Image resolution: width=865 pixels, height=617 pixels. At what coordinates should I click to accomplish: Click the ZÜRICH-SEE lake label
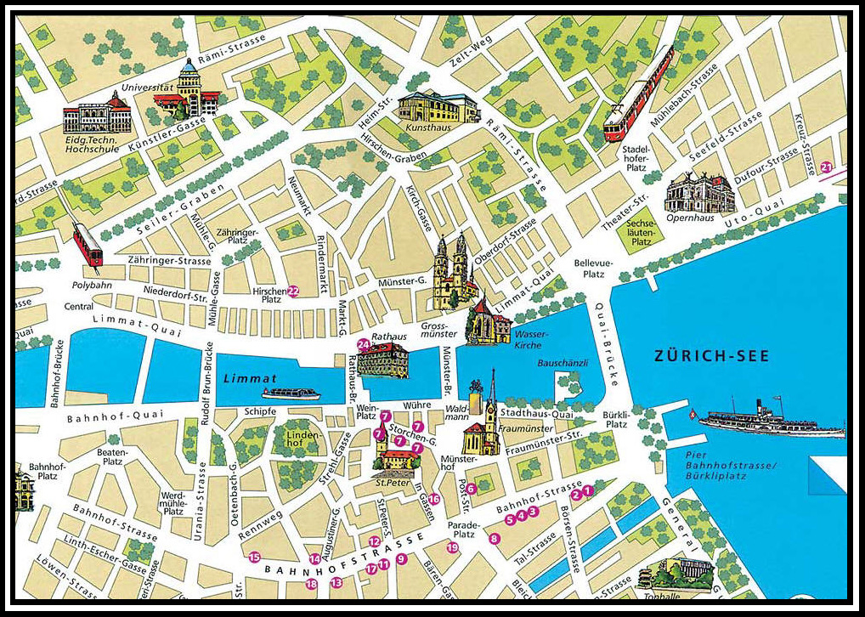click(x=711, y=356)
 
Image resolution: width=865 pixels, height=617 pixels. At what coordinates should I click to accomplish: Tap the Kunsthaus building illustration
click(x=438, y=107)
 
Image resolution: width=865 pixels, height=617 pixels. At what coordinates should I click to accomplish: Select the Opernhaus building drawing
click(x=699, y=194)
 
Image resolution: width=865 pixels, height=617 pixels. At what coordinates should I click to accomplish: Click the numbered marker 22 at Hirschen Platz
click(x=293, y=291)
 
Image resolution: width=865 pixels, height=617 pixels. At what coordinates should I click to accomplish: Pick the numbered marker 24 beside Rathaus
click(x=364, y=344)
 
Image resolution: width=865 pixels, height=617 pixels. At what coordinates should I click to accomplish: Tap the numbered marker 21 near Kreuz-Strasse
click(x=827, y=167)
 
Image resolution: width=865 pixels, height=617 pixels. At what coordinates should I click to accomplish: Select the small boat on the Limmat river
click(x=291, y=393)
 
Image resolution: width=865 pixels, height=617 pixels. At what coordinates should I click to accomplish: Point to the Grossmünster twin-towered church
click(x=451, y=272)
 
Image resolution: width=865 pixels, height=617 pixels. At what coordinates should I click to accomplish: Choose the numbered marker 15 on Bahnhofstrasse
click(x=254, y=557)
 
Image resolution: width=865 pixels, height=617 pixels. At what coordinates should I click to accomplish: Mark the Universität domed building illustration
click(x=189, y=91)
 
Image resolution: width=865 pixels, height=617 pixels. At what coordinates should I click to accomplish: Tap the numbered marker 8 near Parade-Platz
click(x=495, y=538)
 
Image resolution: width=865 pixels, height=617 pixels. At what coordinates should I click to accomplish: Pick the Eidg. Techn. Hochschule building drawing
click(x=98, y=116)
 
